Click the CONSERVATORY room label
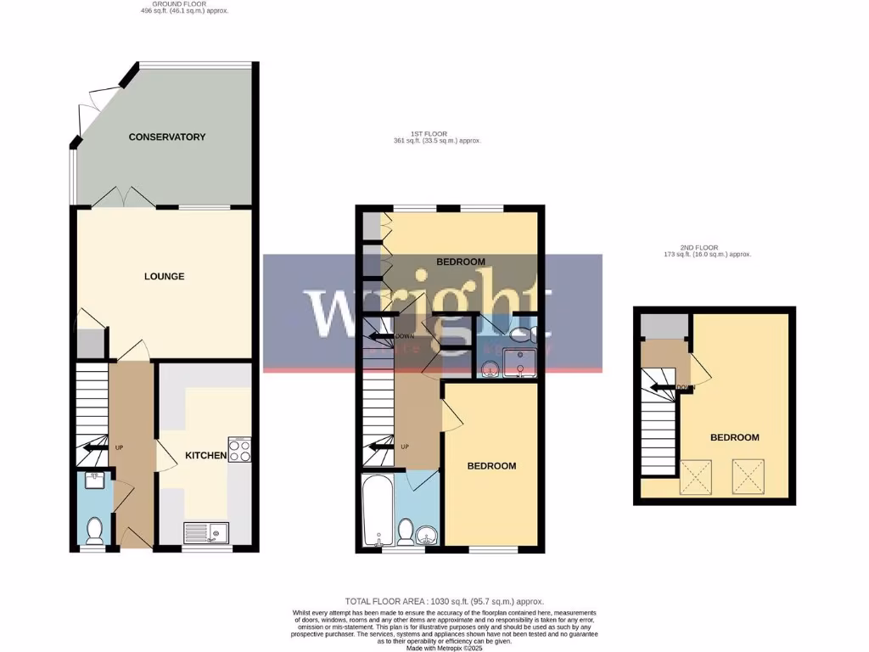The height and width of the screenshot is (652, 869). [x=167, y=137]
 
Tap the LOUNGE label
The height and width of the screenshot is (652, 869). [x=164, y=277]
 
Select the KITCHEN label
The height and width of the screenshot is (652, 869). [x=206, y=456]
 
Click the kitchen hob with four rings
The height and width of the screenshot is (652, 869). [x=238, y=449]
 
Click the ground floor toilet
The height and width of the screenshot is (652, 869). [x=94, y=530]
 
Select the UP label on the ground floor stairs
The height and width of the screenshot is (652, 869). [x=120, y=447]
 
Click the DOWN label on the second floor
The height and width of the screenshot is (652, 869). [x=687, y=388]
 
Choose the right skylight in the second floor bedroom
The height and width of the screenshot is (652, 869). [x=748, y=476]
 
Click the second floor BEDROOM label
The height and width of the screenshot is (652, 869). [x=735, y=438]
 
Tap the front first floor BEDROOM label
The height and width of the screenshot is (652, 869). [x=492, y=466]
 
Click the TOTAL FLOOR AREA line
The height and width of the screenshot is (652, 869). [x=444, y=601]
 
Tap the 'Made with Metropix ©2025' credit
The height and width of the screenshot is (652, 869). [x=444, y=648]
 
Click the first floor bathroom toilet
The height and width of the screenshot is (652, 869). [x=406, y=532]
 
